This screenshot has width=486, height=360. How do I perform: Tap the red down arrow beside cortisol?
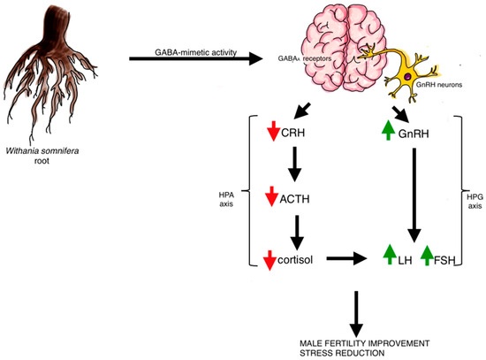point(273,259)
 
